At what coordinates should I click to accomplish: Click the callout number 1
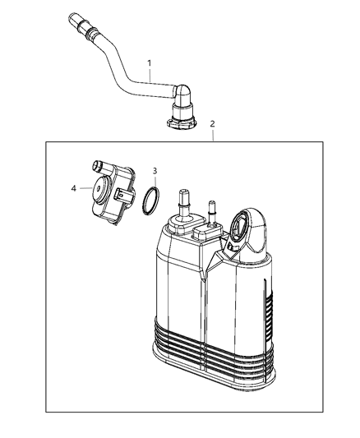coord(150,62)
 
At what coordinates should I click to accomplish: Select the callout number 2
coord(214,124)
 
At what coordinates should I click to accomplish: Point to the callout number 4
coord(75,188)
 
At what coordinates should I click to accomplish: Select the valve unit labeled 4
coord(112,193)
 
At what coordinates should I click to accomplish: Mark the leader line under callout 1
coord(150,76)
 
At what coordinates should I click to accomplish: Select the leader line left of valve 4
coord(86,189)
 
